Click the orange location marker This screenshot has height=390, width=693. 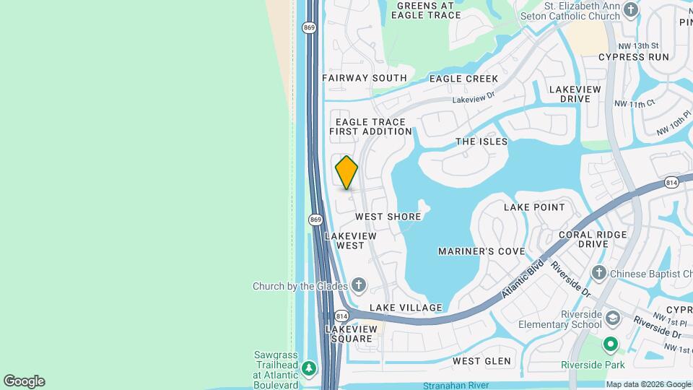pyautogui.click(x=346, y=173)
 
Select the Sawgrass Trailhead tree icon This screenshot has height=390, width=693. pyautogui.click(x=310, y=369)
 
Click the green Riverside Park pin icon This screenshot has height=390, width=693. pyautogui.click(x=611, y=344)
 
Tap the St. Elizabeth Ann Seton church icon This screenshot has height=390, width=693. pyautogui.click(x=632, y=9)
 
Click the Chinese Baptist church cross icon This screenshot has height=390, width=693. pyautogui.click(x=598, y=273)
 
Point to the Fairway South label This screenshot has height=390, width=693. pyautogui.click(x=365, y=78)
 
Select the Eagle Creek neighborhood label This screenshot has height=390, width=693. pyautogui.click(x=463, y=78)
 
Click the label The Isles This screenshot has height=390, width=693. pyautogui.click(x=481, y=142)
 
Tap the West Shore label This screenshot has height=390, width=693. pyautogui.click(x=388, y=217)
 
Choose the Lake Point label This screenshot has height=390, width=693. pyautogui.click(x=534, y=207)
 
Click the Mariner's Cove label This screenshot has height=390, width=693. pyautogui.click(x=481, y=251)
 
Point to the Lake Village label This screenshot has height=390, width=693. pyautogui.click(x=406, y=308)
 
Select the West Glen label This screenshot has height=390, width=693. pyautogui.click(x=481, y=360)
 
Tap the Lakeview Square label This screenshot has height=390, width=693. pyautogui.click(x=351, y=334)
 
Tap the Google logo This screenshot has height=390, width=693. pyautogui.click(x=24, y=381)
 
